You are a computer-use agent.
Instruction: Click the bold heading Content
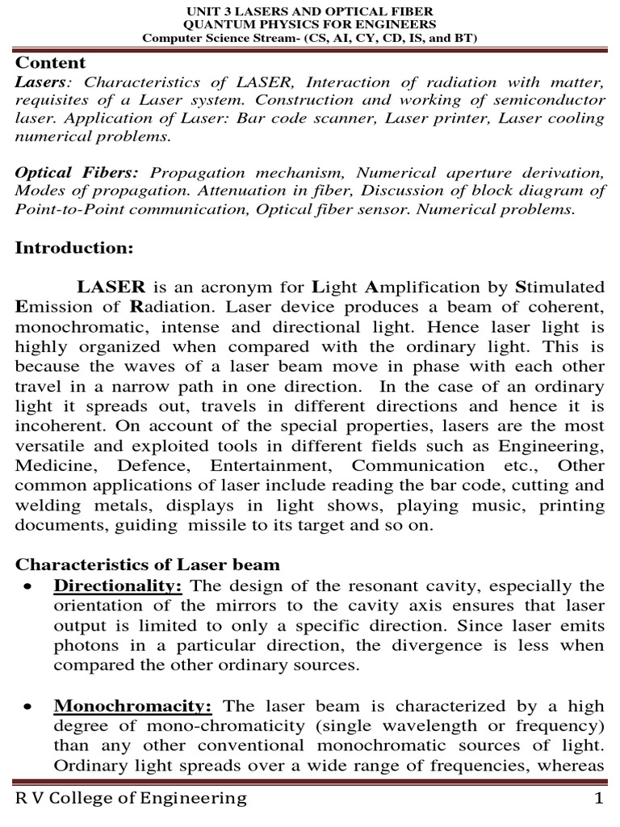(51, 62)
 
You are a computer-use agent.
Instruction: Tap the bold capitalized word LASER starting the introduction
(111, 287)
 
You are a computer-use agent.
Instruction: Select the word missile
(216, 526)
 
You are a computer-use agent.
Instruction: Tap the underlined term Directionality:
(118, 586)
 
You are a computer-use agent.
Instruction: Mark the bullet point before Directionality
(29, 586)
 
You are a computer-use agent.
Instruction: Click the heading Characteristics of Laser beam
(148, 565)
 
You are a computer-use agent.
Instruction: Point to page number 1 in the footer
(599, 799)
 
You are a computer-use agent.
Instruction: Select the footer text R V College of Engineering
(132, 799)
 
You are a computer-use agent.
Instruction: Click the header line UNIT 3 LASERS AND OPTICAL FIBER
(310, 10)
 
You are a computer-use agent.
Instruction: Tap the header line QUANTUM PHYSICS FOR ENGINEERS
(310, 24)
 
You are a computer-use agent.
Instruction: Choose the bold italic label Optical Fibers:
(77, 173)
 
